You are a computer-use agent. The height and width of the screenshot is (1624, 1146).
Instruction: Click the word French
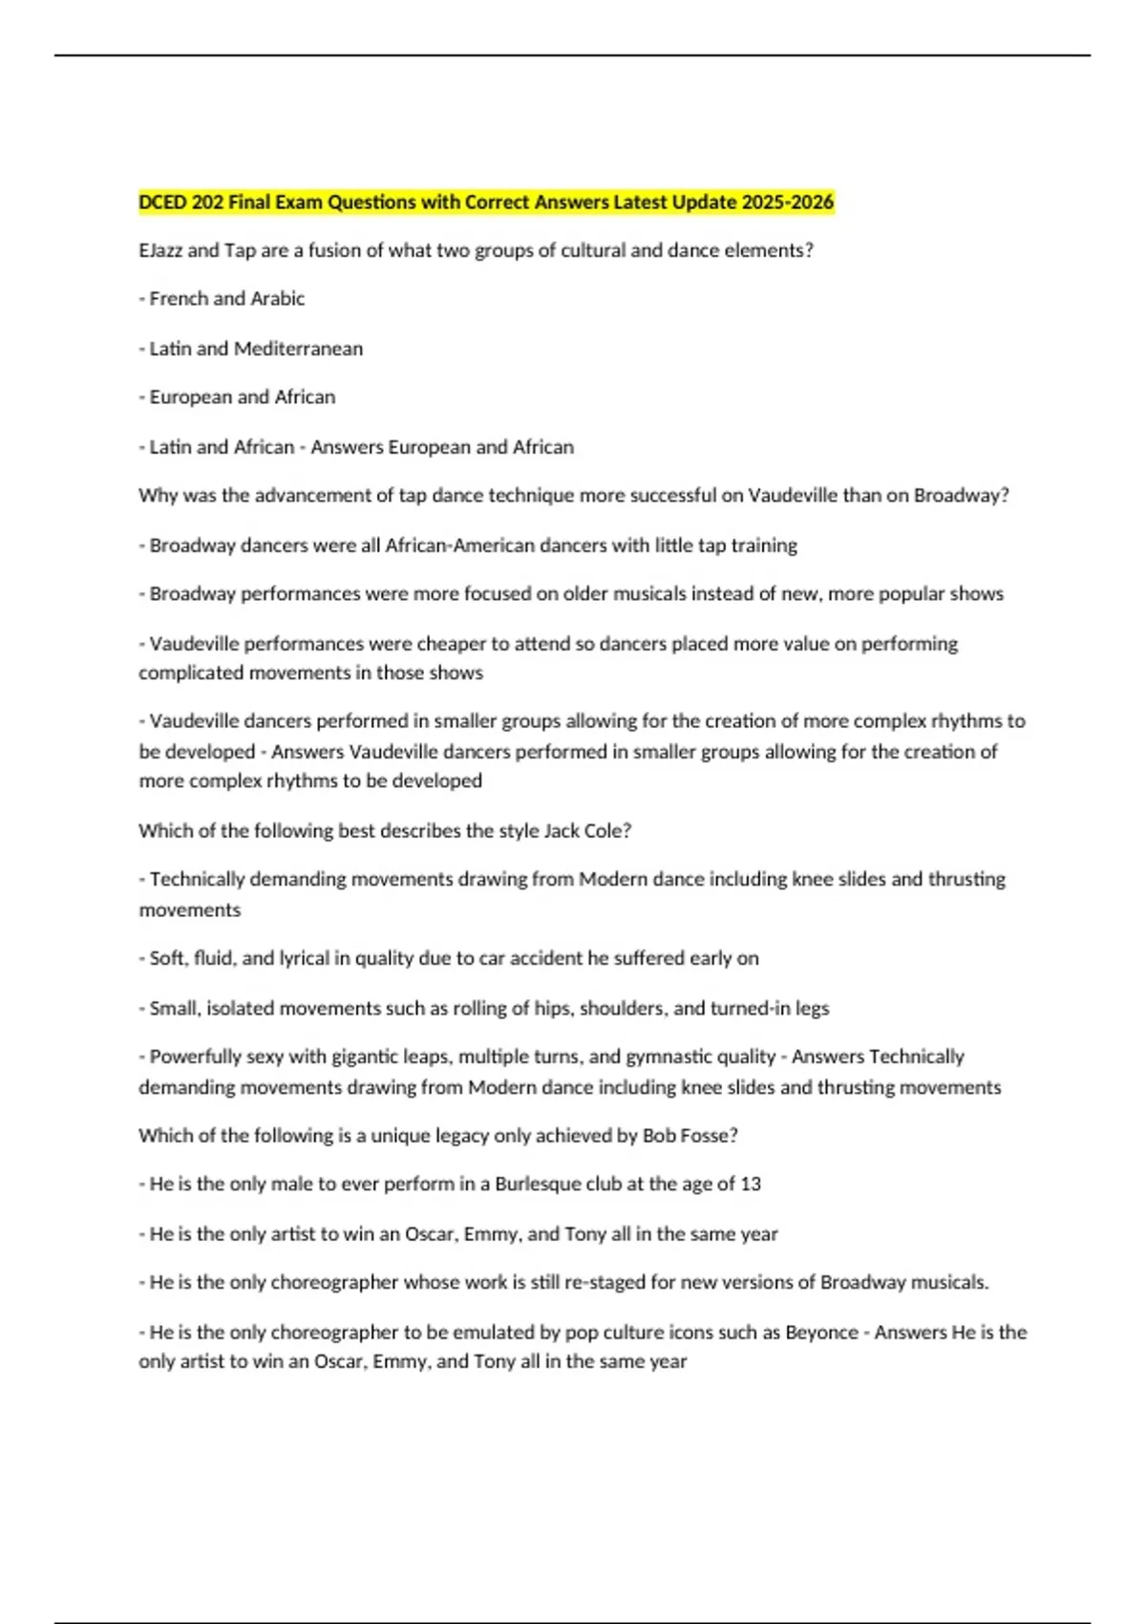[179, 299]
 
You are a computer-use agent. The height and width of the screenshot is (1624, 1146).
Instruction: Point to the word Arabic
[277, 299]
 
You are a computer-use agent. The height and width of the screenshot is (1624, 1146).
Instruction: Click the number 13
[751, 1185]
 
